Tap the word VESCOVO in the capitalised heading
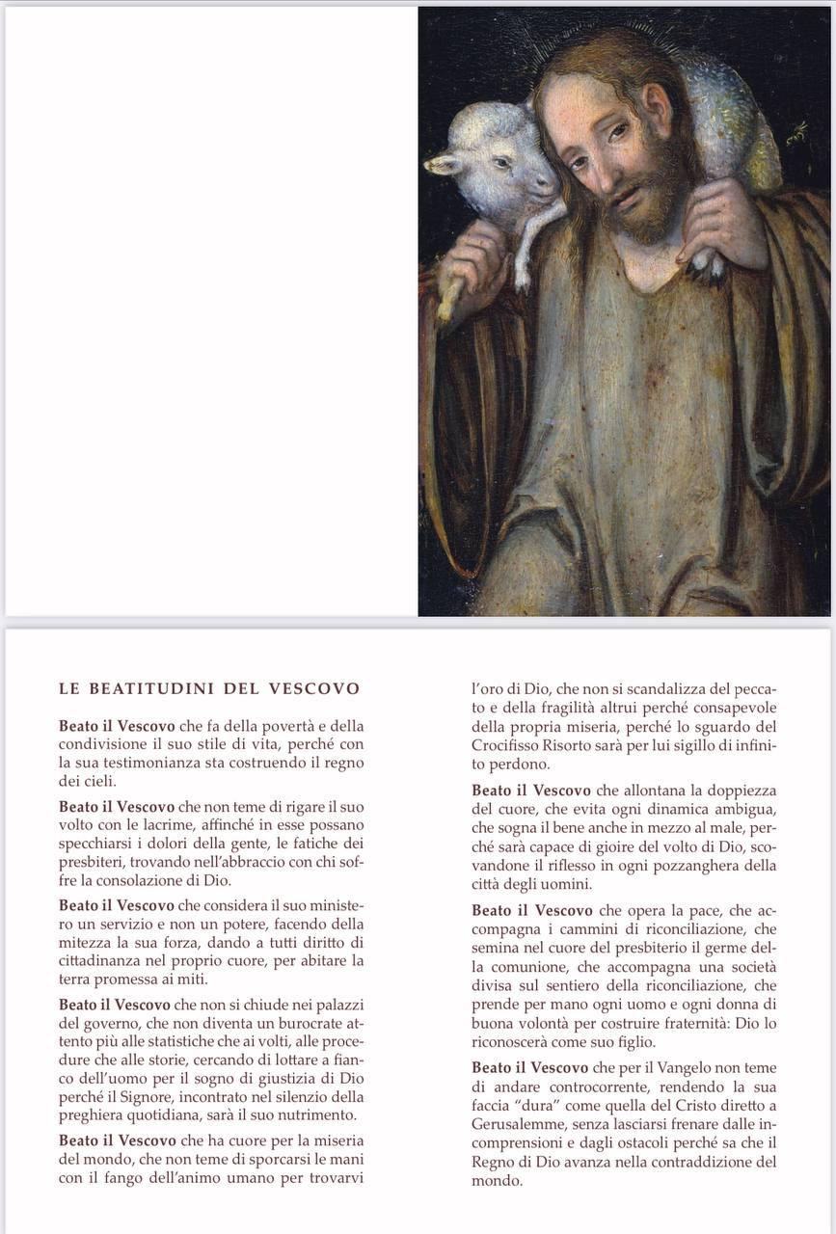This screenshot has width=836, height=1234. pyautogui.click(x=314, y=689)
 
